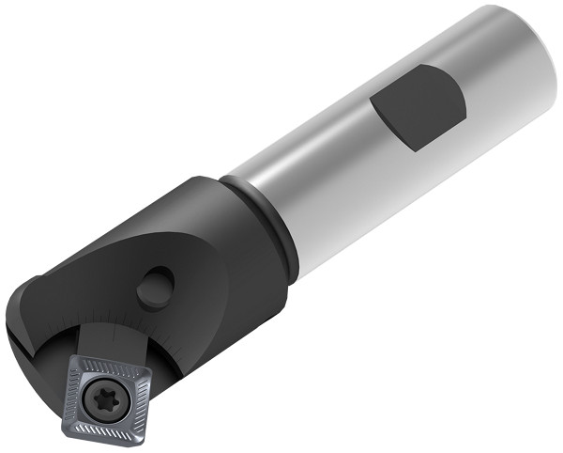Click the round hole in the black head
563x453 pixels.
pos(155,287)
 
